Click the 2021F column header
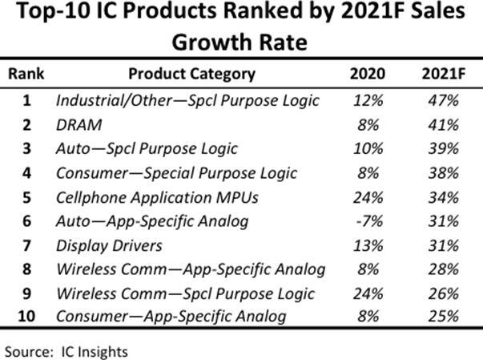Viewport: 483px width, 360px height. tap(440, 74)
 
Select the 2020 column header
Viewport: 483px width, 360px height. tap(368, 74)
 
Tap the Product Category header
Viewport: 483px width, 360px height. tap(192, 74)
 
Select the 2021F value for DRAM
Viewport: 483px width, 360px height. tap(440, 124)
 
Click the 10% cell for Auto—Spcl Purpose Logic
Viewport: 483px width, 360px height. tap(368, 148)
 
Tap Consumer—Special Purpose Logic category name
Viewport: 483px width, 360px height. tap(176, 172)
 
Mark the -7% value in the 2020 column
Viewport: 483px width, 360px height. tap(368, 220)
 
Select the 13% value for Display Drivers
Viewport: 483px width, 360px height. tap(368, 245)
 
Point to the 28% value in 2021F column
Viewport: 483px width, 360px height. tap(440, 268)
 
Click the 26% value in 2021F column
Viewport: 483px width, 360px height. tap(440, 293)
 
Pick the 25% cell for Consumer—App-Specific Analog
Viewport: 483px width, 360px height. tap(440, 317)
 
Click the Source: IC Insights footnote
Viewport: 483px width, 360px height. tap(66, 350)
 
